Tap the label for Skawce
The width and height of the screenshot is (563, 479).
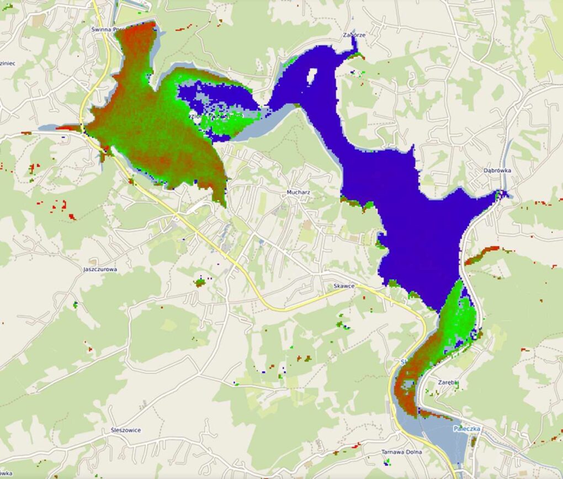pos(343,286)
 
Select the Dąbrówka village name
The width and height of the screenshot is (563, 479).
pos(497,171)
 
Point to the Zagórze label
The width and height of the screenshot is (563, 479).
pos(354,35)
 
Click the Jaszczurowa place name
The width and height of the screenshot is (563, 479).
pos(100,269)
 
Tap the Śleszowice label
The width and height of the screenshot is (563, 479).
pos(125,430)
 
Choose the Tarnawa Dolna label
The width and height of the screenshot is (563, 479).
pos(401,452)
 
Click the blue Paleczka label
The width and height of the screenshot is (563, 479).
pos(466,429)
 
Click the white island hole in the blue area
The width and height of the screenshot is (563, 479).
pos(311,76)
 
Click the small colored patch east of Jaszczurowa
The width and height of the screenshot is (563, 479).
pos(199,283)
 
